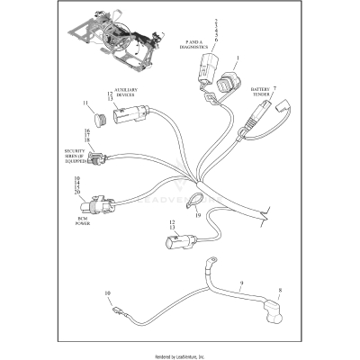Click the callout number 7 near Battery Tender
(274, 87)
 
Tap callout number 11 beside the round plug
(87, 104)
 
